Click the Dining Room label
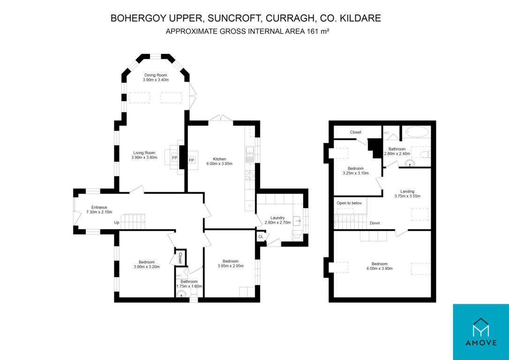click(x=156, y=75)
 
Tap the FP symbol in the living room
click(x=175, y=158)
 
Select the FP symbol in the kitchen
click(x=191, y=160)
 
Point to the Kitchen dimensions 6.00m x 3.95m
click(x=219, y=164)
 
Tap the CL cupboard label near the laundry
click(x=261, y=237)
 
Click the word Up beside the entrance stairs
click(x=117, y=223)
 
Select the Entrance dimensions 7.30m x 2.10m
click(x=99, y=212)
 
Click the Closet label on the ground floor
click(x=180, y=258)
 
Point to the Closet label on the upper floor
click(x=356, y=132)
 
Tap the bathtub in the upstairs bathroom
click(x=417, y=132)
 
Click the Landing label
click(x=407, y=192)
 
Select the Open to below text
click(x=349, y=203)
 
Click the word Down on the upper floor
click(x=375, y=223)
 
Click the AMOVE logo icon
click(x=481, y=327)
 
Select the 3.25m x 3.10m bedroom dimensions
click(x=355, y=173)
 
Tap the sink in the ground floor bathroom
click(x=181, y=294)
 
